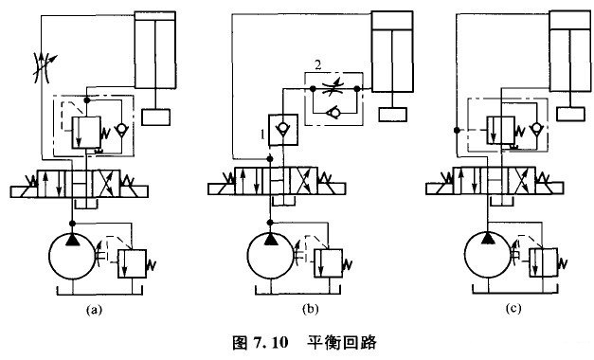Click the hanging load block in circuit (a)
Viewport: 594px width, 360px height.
[154, 117]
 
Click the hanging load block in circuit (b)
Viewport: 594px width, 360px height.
[391, 115]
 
